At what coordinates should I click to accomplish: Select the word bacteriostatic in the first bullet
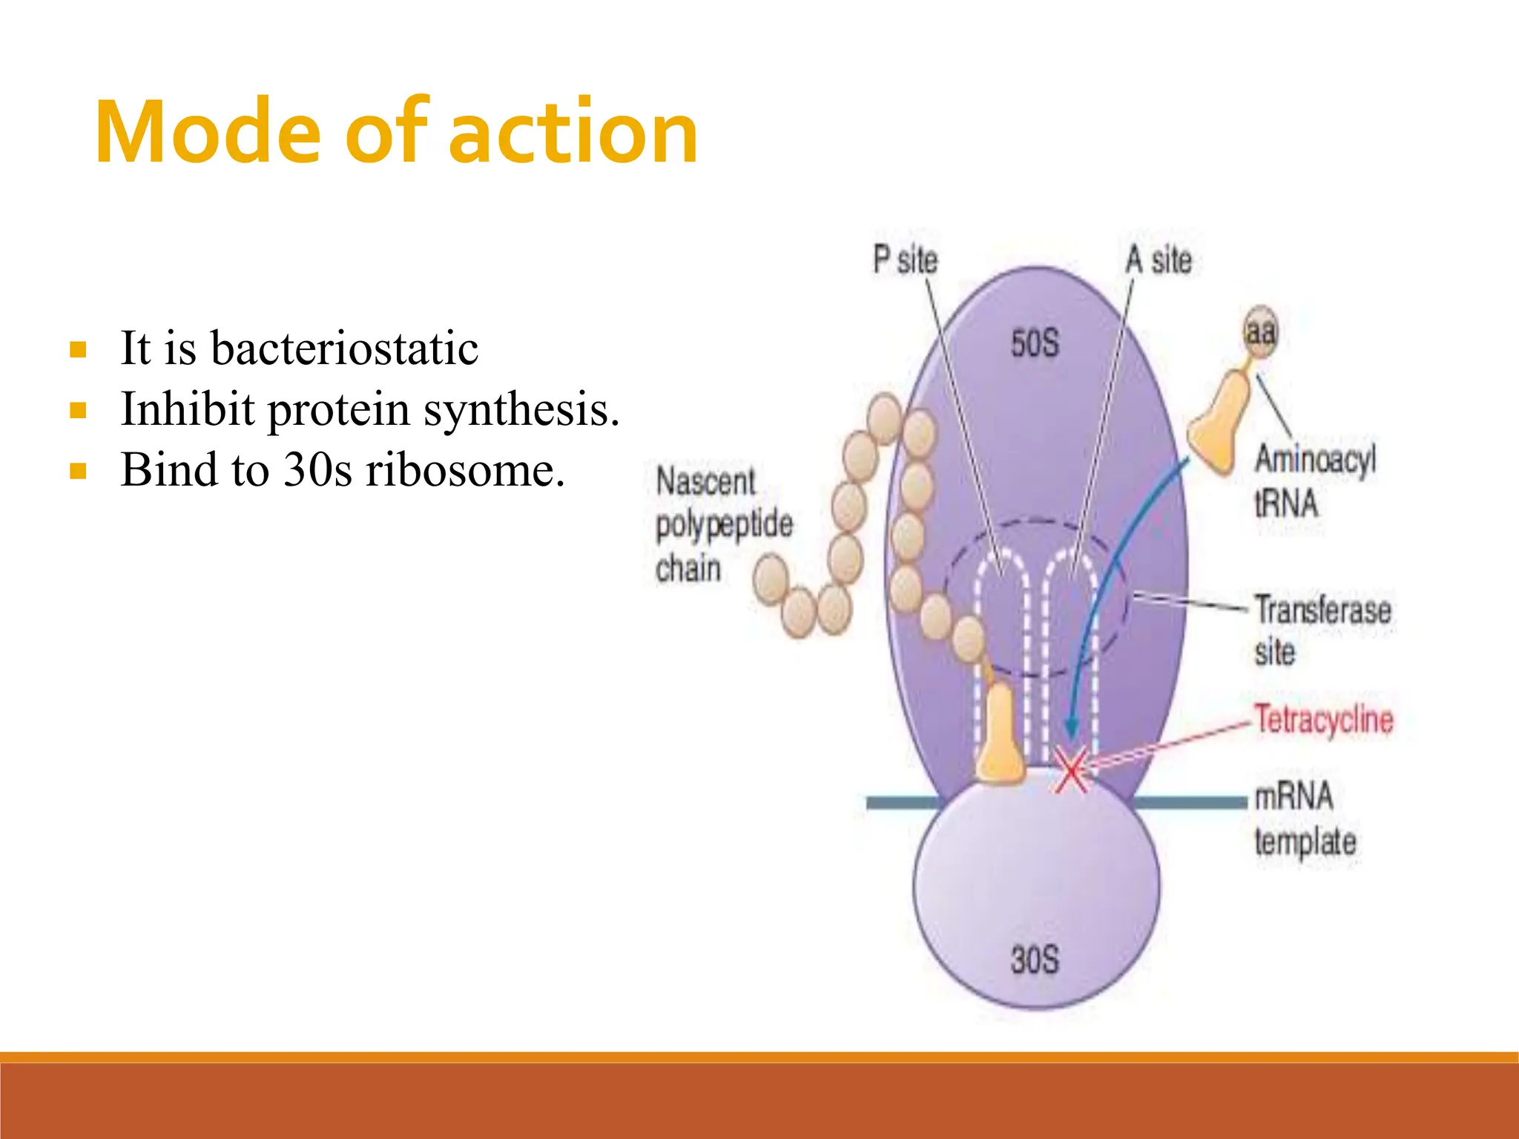(x=344, y=348)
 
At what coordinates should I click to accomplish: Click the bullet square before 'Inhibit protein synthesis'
(x=78, y=410)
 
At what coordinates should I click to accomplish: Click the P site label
(x=905, y=260)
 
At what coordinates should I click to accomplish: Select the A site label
(x=1159, y=260)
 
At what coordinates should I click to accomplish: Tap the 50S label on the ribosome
(x=1035, y=344)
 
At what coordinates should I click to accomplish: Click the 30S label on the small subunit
(x=1035, y=960)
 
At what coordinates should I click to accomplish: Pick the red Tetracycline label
(x=1324, y=719)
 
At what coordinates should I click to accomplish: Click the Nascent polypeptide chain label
(x=723, y=524)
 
